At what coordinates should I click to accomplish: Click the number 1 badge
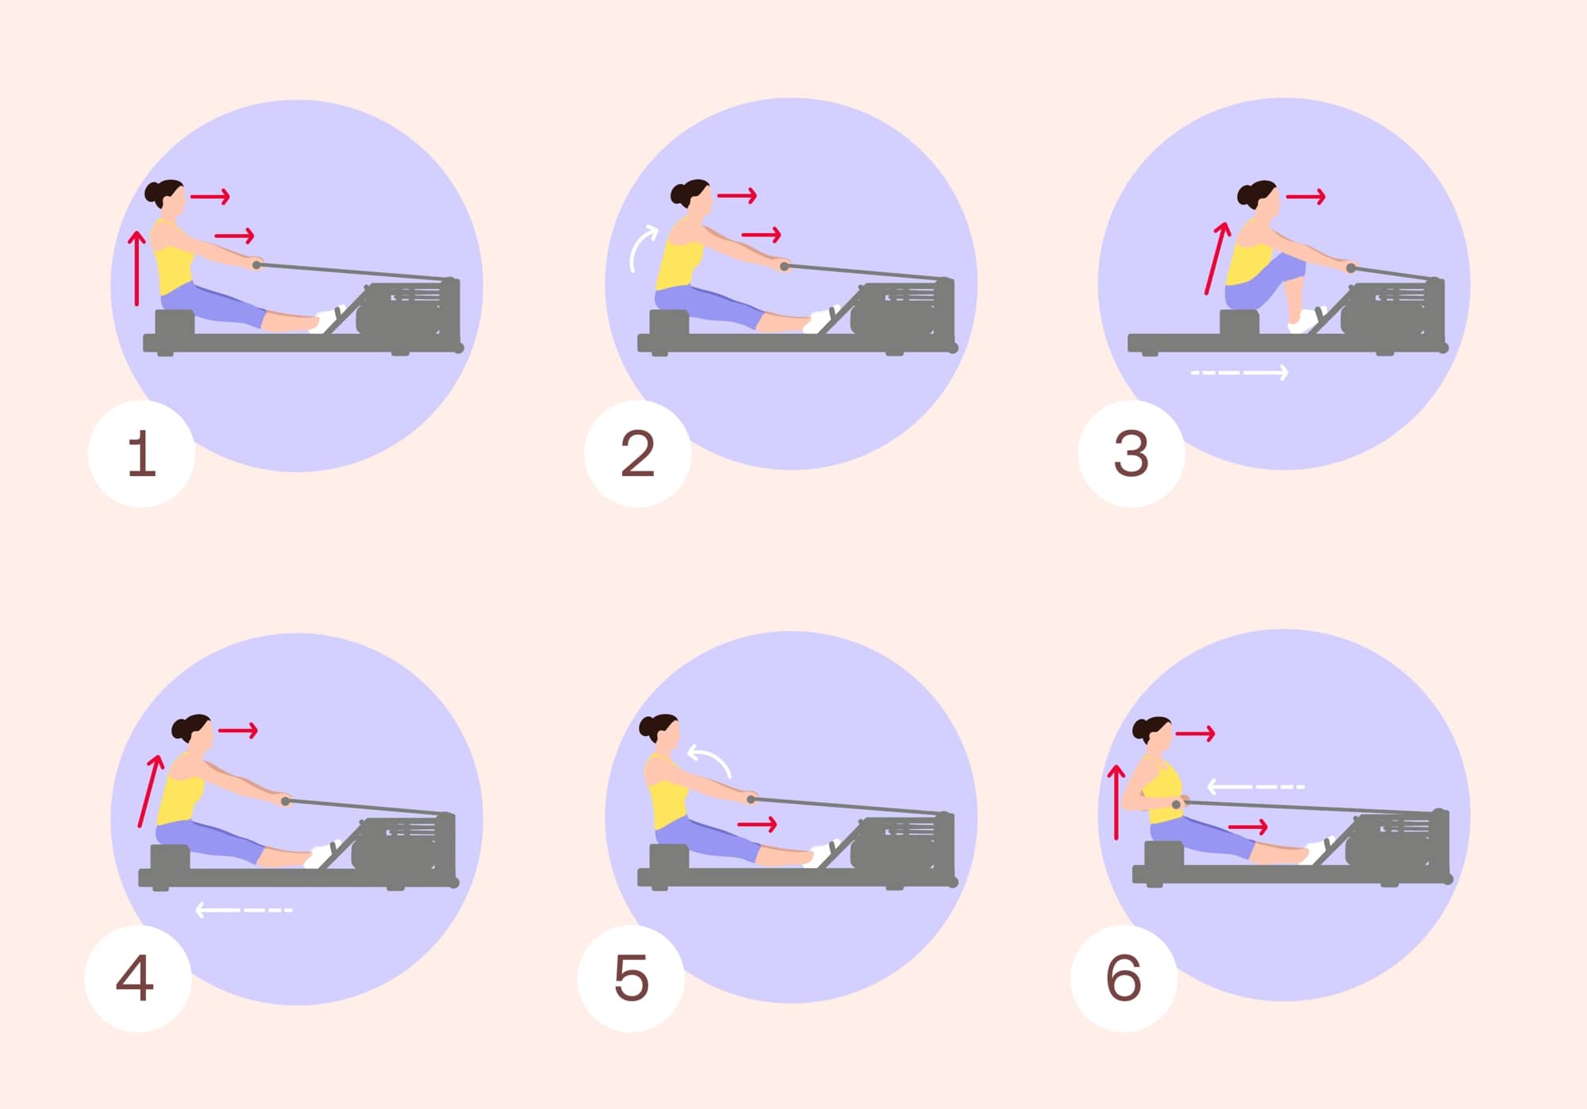pos(141,454)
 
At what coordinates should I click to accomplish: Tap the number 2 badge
pos(637,454)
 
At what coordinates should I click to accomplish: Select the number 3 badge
pos(1131,454)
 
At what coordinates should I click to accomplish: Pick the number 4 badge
pos(137,978)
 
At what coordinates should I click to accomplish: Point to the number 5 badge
pos(631,978)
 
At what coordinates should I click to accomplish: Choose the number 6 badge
pos(1124,978)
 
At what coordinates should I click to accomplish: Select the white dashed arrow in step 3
pos(1239,372)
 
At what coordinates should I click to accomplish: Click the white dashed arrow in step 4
pos(244,910)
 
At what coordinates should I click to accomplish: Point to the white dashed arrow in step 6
pos(1255,787)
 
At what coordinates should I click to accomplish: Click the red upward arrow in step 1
pos(137,268)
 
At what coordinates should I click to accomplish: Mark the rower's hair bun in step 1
pos(153,193)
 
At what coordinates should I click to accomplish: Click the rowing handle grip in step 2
pos(784,267)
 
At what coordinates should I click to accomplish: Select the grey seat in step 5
pos(669,857)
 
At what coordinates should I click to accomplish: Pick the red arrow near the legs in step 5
pos(757,825)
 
